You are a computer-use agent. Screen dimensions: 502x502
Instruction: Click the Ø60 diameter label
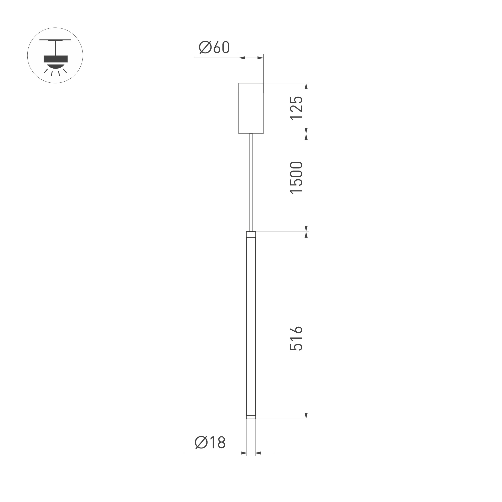click(x=214, y=47)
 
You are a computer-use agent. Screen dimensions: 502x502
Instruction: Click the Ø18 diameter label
click(x=210, y=442)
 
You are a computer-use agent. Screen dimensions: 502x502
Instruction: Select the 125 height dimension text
click(x=296, y=108)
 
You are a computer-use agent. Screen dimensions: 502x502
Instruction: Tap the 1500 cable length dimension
click(x=296, y=177)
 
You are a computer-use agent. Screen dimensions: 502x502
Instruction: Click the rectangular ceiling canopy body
click(x=251, y=108)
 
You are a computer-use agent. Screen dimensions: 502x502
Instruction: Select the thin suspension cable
click(x=251, y=182)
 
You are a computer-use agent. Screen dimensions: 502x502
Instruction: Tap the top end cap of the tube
click(x=251, y=235)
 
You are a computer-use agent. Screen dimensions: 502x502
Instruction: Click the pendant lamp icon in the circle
click(x=55, y=55)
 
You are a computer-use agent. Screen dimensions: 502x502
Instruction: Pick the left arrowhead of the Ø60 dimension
click(x=242, y=58)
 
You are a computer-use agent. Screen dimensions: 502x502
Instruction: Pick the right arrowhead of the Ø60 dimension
click(x=260, y=58)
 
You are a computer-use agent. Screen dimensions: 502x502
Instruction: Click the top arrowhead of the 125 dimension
click(x=306, y=86)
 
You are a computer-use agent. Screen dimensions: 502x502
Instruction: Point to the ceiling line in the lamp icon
click(x=55, y=40)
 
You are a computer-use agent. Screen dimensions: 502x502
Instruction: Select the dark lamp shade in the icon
click(x=56, y=59)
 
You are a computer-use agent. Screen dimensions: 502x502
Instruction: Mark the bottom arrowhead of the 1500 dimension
click(x=306, y=228)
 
